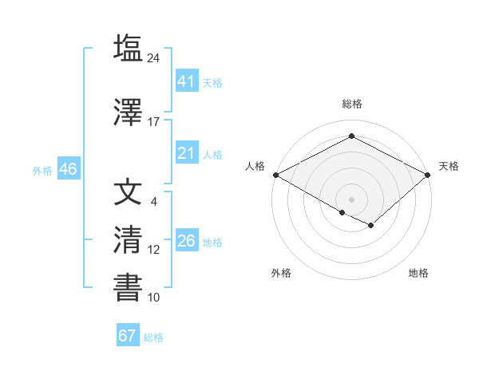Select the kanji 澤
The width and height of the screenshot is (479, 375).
click(x=128, y=112)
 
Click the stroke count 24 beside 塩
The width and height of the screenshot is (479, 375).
click(x=154, y=57)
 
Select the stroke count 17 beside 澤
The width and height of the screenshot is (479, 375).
click(x=154, y=122)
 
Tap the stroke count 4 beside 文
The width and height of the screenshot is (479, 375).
click(x=154, y=202)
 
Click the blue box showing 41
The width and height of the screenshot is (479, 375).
click(x=186, y=81)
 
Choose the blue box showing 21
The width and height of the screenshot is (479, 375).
click(x=186, y=153)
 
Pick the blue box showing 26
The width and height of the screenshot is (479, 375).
click(x=186, y=241)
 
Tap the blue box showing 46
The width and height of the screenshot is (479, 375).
click(x=68, y=169)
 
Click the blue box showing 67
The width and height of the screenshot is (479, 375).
click(x=127, y=336)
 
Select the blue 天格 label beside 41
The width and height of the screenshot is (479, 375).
click(x=212, y=82)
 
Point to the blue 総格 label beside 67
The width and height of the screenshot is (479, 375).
click(x=153, y=337)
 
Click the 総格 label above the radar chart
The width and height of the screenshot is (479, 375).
click(x=351, y=104)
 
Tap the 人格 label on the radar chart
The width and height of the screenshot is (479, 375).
click(x=255, y=166)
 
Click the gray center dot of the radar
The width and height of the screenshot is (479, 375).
click(x=351, y=199)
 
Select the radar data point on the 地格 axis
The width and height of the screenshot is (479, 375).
click(x=371, y=226)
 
